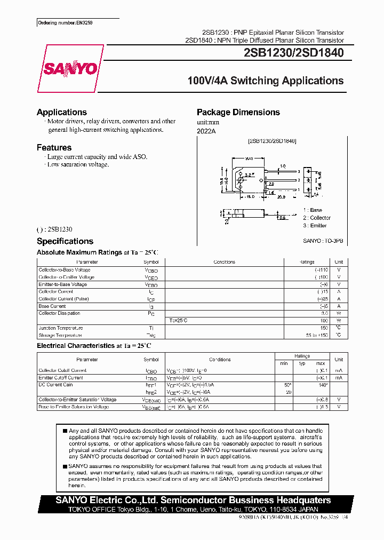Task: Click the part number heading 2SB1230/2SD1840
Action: click(x=293, y=53)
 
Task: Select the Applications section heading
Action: click(x=62, y=112)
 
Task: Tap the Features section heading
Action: click(x=54, y=147)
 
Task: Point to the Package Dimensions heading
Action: click(x=238, y=112)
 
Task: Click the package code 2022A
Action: click(x=206, y=130)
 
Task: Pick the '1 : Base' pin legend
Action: click(x=313, y=210)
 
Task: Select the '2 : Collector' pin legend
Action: click(x=317, y=218)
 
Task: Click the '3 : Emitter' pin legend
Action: click(x=315, y=225)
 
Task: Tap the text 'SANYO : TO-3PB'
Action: click(x=323, y=241)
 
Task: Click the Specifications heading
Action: click(x=65, y=241)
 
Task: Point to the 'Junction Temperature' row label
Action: click(x=61, y=328)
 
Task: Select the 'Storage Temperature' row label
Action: click(x=60, y=335)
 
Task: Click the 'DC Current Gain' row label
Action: click(x=55, y=385)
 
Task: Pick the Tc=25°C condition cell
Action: click(x=179, y=321)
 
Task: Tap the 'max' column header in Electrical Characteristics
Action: click(x=321, y=363)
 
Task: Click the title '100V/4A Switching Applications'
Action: click(x=265, y=81)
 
